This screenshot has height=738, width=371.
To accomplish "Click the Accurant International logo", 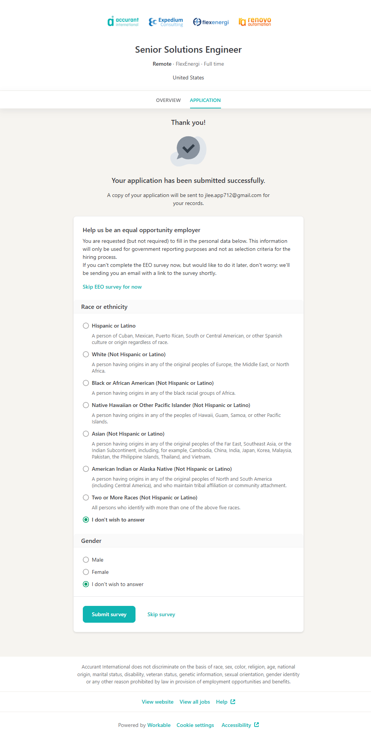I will tap(123, 22).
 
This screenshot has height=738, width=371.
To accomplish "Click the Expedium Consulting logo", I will tap(166, 22).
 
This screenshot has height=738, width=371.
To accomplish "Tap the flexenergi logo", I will tap(211, 22).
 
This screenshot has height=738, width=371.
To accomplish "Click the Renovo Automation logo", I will tap(255, 22).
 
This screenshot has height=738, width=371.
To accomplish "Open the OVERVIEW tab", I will tap(168, 100).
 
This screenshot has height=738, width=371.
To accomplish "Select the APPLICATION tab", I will tap(205, 100).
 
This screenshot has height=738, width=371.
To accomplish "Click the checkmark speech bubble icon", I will tap(188, 150).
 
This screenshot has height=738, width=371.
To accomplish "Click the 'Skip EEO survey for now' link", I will tap(112, 287).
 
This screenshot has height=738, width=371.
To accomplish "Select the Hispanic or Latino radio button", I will tap(86, 326).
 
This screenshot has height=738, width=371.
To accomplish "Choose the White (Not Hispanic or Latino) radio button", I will tap(86, 354).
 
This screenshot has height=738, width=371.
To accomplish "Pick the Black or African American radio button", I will tap(86, 383).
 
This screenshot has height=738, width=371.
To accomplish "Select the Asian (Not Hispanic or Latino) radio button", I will tap(86, 434).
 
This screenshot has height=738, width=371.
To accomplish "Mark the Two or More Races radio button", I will tap(86, 497).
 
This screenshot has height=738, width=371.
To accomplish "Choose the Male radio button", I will tap(86, 560).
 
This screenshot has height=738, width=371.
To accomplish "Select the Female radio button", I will tap(86, 572).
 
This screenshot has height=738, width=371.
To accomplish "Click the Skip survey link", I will tap(161, 614).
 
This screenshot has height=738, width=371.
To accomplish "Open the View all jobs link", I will tap(195, 702).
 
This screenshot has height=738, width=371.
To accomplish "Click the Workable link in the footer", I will tap(159, 725).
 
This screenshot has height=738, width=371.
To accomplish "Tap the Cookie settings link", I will tap(195, 725).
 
